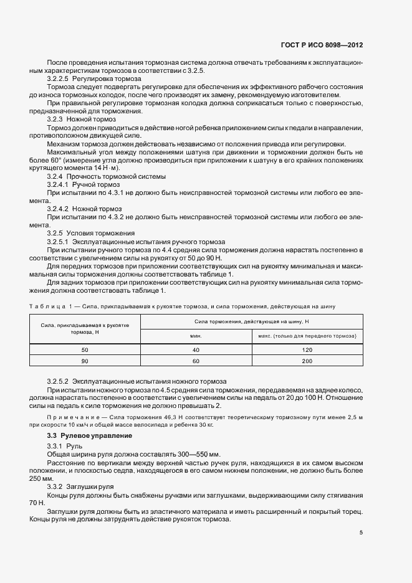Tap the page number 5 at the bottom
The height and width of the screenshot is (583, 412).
[361, 532]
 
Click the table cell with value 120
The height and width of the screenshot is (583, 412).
[307, 350]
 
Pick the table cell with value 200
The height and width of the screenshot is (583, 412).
[307, 361]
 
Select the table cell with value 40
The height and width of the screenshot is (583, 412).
[196, 350]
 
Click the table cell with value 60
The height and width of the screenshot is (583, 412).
[196, 361]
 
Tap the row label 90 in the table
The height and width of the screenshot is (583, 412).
[85, 361]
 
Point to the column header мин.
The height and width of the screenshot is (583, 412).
[196, 336]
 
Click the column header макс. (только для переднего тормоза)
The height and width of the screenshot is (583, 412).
[307, 336]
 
